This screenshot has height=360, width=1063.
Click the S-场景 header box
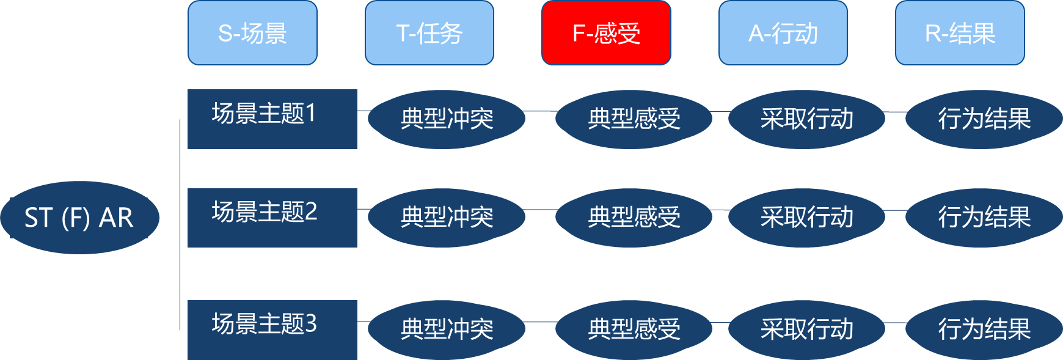252,33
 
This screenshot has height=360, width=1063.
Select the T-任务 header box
429,33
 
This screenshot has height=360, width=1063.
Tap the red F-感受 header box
606,33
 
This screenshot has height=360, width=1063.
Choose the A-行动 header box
783,33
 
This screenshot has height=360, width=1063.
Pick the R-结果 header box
960,33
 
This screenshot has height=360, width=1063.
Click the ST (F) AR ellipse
79,218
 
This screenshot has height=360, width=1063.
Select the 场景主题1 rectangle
272,119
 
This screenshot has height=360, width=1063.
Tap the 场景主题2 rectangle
272,218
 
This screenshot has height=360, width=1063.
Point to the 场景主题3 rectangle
272,329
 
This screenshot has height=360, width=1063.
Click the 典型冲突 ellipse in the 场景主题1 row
447,119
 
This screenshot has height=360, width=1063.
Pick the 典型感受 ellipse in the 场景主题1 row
634,119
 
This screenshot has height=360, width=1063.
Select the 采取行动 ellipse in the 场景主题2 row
806,218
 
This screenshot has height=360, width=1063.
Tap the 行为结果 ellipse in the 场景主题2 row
984,218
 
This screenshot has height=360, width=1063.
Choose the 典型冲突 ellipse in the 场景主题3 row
447,329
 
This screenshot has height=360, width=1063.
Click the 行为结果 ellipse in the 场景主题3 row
984,329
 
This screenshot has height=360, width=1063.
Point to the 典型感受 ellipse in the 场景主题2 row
634,218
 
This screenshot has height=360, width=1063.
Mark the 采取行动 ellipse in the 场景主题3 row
806,329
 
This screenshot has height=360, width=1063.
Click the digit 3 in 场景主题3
311,324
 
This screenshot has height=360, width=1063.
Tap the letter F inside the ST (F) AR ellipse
76,218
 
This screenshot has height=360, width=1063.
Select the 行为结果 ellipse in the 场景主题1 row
984,119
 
